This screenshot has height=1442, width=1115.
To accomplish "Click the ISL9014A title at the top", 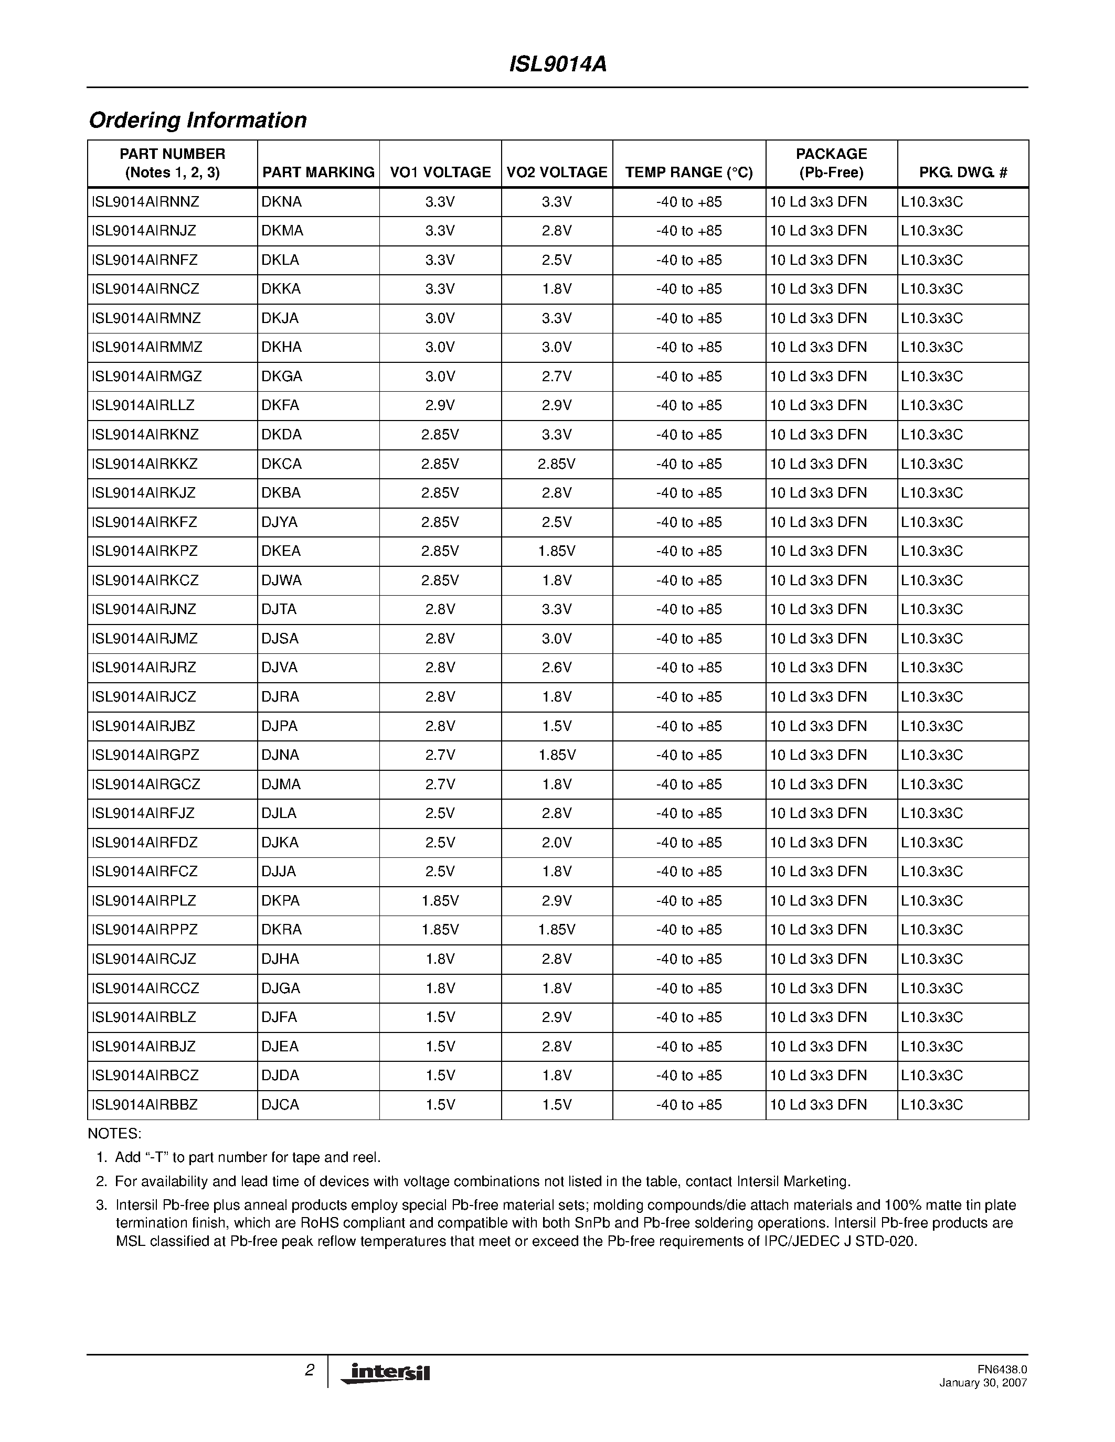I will click(x=557, y=64).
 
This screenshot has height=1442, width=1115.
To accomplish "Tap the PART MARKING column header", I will click(x=318, y=173).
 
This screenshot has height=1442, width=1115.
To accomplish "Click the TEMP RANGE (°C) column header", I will click(x=689, y=173).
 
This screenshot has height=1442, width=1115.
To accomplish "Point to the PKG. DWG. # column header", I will click(x=962, y=173).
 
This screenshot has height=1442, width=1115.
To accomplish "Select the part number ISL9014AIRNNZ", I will click(x=145, y=202).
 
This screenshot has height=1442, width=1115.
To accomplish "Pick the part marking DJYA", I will click(x=280, y=522).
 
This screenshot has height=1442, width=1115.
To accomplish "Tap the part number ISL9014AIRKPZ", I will click(x=145, y=551).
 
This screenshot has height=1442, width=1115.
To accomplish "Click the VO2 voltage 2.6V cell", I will click(x=556, y=668).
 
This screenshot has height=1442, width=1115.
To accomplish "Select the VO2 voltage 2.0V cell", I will click(x=556, y=843).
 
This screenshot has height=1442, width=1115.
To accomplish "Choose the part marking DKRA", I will click(x=281, y=930).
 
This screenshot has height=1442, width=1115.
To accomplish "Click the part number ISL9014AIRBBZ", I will click(x=145, y=1105).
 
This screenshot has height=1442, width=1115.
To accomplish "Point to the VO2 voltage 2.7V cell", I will click(x=556, y=376).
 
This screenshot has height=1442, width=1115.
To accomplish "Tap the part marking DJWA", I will click(x=281, y=580).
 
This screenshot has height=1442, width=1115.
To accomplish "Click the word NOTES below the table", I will click(x=114, y=1134).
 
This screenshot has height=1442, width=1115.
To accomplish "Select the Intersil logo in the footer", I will click(x=386, y=1373).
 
